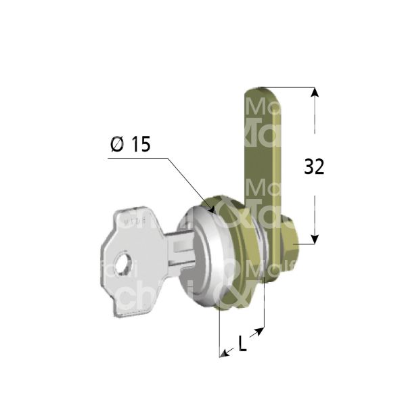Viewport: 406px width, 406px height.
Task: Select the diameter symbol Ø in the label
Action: [x=116, y=144]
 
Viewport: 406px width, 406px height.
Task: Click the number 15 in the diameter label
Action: [x=139, y=144]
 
